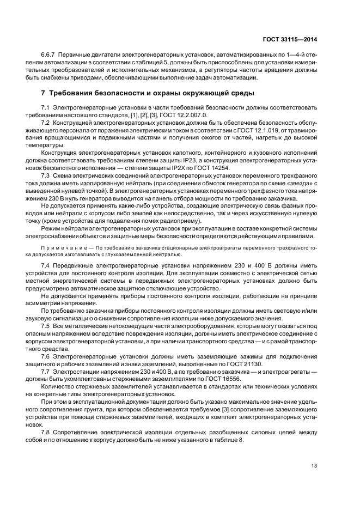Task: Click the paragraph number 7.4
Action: [x=45, y=265]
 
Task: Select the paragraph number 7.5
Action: [x=45, y=325]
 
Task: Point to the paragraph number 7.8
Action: [x=45, y=431]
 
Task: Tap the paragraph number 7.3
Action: [x=45, y=176]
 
